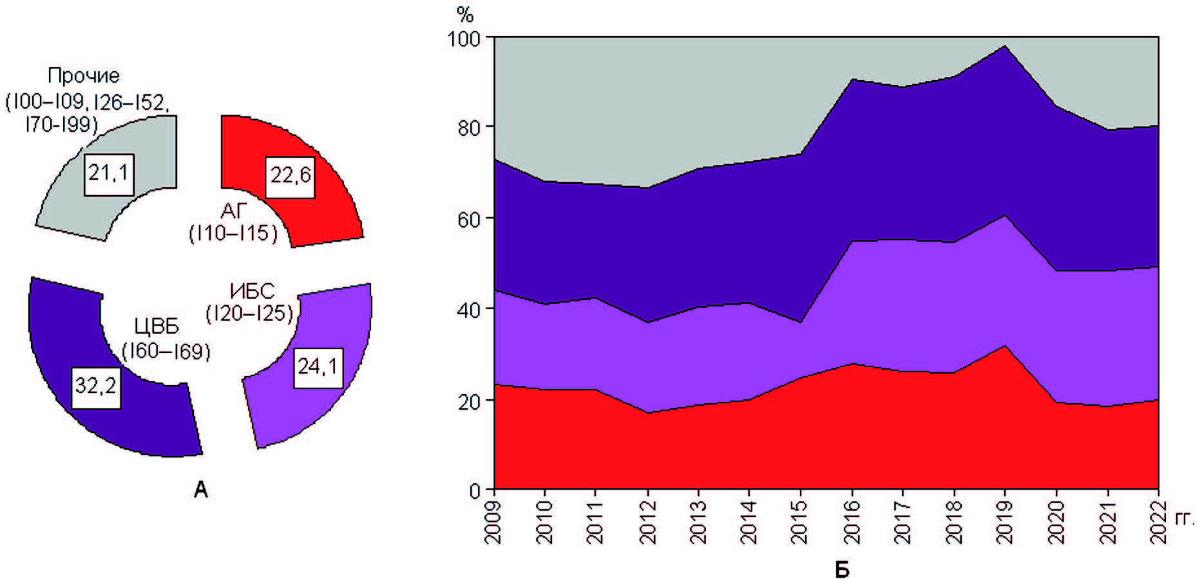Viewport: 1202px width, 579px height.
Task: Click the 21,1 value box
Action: (x=109, y=175)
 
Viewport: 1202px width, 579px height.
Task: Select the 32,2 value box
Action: (x=96, y=386)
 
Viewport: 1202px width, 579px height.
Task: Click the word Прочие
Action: (x=84, y=76)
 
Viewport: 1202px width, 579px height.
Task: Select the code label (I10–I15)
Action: (x=233, y=233)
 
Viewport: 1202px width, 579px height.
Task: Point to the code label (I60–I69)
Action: (x=166, y=352)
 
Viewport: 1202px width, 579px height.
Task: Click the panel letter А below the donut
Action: (x=201, y=491)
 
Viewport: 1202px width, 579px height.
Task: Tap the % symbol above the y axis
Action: (x=464, y=14)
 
